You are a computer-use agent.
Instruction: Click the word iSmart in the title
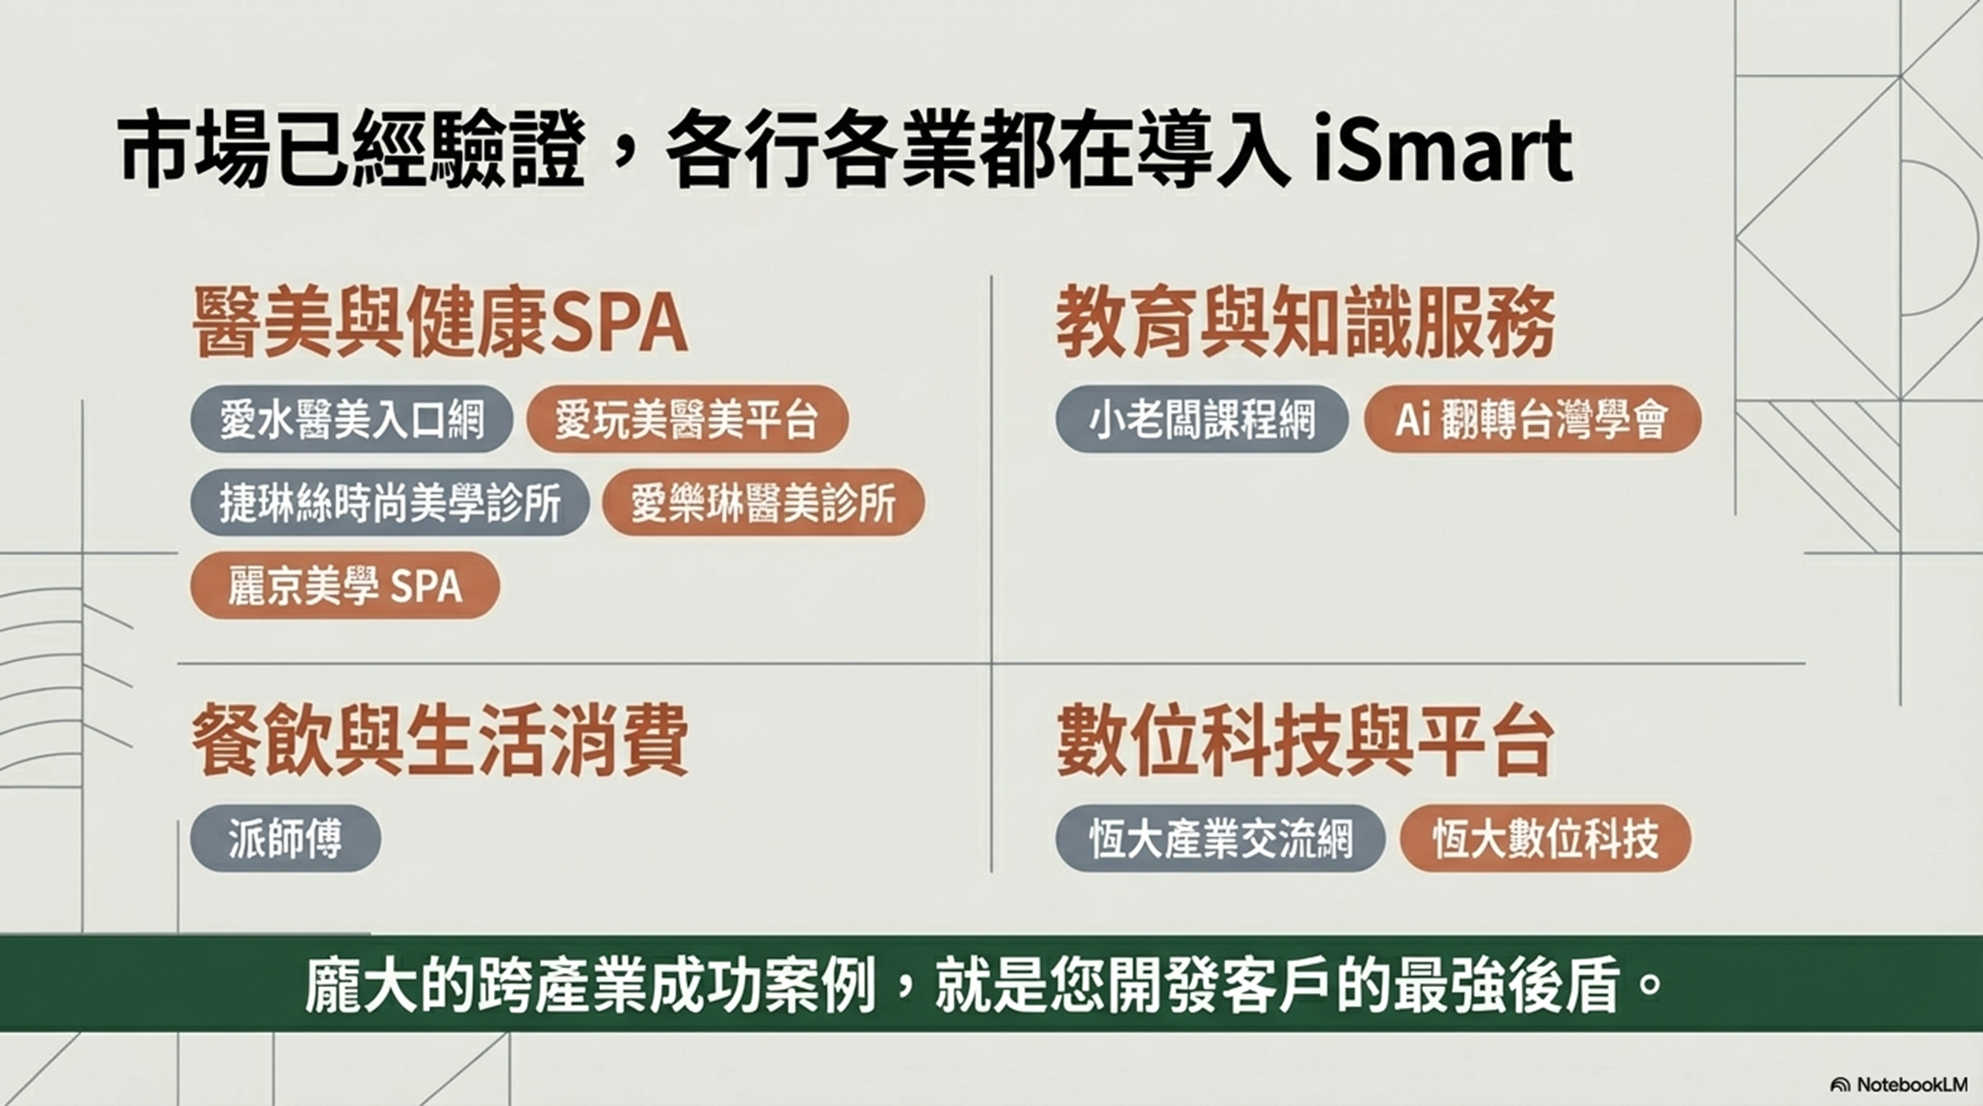(x=1442, y=151)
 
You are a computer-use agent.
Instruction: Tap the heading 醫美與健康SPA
(x=439, y=323)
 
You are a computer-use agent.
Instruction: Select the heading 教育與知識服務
(x=1305, y=323)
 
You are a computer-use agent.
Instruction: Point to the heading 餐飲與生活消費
(x=439, y=742)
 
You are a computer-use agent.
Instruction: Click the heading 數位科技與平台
(x=1305, y=742)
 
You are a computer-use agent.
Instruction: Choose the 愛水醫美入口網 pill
(x=352, y=419)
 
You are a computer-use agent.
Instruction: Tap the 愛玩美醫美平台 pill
(x=688, y=419)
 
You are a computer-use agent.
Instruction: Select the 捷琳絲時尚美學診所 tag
(x=390, y=502)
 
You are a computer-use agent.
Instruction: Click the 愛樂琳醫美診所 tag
(x=763, y=502)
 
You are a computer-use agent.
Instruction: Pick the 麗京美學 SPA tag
(x=345, y=586)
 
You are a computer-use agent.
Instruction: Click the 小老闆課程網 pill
(x=1202, y=419)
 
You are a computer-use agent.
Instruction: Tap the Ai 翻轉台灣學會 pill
(x=1532, y=419)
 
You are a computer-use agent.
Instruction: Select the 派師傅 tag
(x=286, y=838)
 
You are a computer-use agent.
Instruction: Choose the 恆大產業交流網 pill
(x=1220, y=838)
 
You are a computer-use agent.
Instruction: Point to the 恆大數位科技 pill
(x=1545, y=838)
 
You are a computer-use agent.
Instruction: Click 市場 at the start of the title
(x=196, y=151)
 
